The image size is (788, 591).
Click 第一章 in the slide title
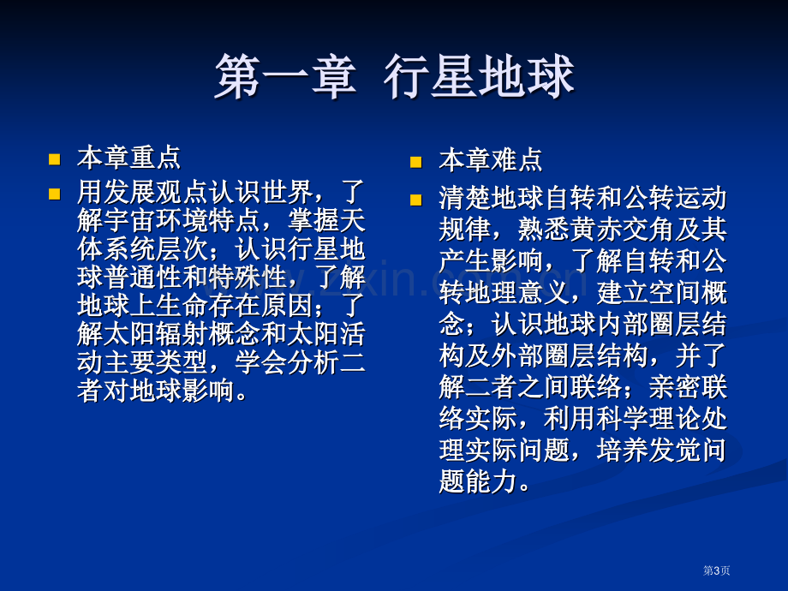[x=285, y=77]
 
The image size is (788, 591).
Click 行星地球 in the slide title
[x=479, y=77]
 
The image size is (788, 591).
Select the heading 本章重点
[x=128, y=158]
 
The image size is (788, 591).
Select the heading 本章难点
[x=491, y=160]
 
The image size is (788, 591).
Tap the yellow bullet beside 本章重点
[x=54, y=159]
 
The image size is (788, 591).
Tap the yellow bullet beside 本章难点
[x=416, y=162]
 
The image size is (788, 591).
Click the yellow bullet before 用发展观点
[x=54, y=194]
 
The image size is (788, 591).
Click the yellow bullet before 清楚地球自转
[x=416, y=200]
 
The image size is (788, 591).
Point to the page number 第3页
[x=716, y=570]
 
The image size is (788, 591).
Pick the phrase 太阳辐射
[x=155, y=334]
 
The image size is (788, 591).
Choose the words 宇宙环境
[x=155, y=219]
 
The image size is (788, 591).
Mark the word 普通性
[x=142, y=277]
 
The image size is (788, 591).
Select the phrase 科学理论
[x=648, y=419]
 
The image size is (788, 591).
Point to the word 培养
[x=622, y=450]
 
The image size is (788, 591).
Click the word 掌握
[x=312, y=219]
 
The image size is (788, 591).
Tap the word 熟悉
[x=544, y=230]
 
